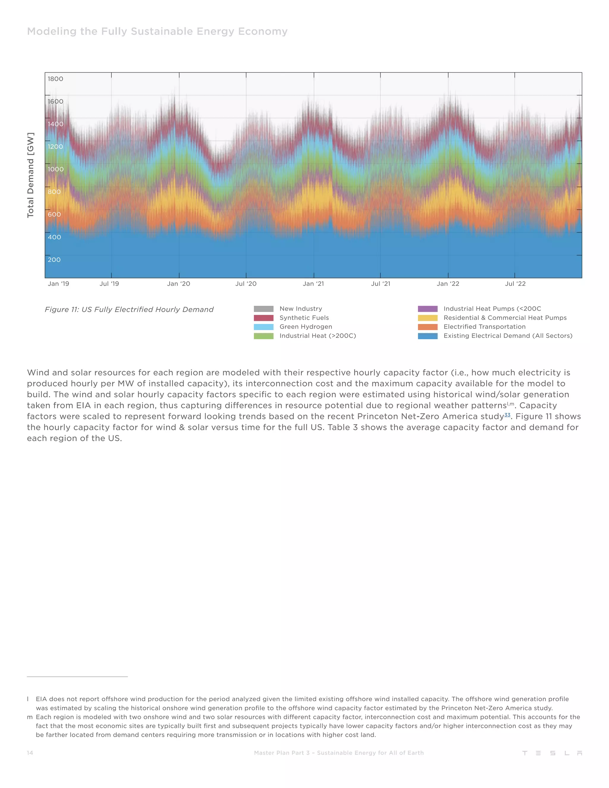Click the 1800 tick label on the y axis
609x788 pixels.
pos(55,79)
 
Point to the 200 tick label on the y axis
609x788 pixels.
pos(54,260)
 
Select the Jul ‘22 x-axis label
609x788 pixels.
pos(515,284)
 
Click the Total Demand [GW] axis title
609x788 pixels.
pos(31,175)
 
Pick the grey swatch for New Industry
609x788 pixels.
pos(263,309)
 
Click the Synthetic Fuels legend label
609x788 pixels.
pos(304,318)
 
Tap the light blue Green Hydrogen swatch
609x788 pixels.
pos(263,327)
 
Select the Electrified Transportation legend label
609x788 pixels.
pos(484,327)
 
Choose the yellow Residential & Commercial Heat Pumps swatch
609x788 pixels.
pos(428,318)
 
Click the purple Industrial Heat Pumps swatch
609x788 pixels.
pos(428,309)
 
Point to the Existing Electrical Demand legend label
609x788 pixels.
pos(508,336)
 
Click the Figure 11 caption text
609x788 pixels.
pos(129,310)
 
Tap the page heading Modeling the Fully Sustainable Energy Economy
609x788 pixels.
pos(157,32)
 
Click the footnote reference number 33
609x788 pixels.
pos(507,415)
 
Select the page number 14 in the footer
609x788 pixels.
pos(30,753)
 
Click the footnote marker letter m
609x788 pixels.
pos(29,717)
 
